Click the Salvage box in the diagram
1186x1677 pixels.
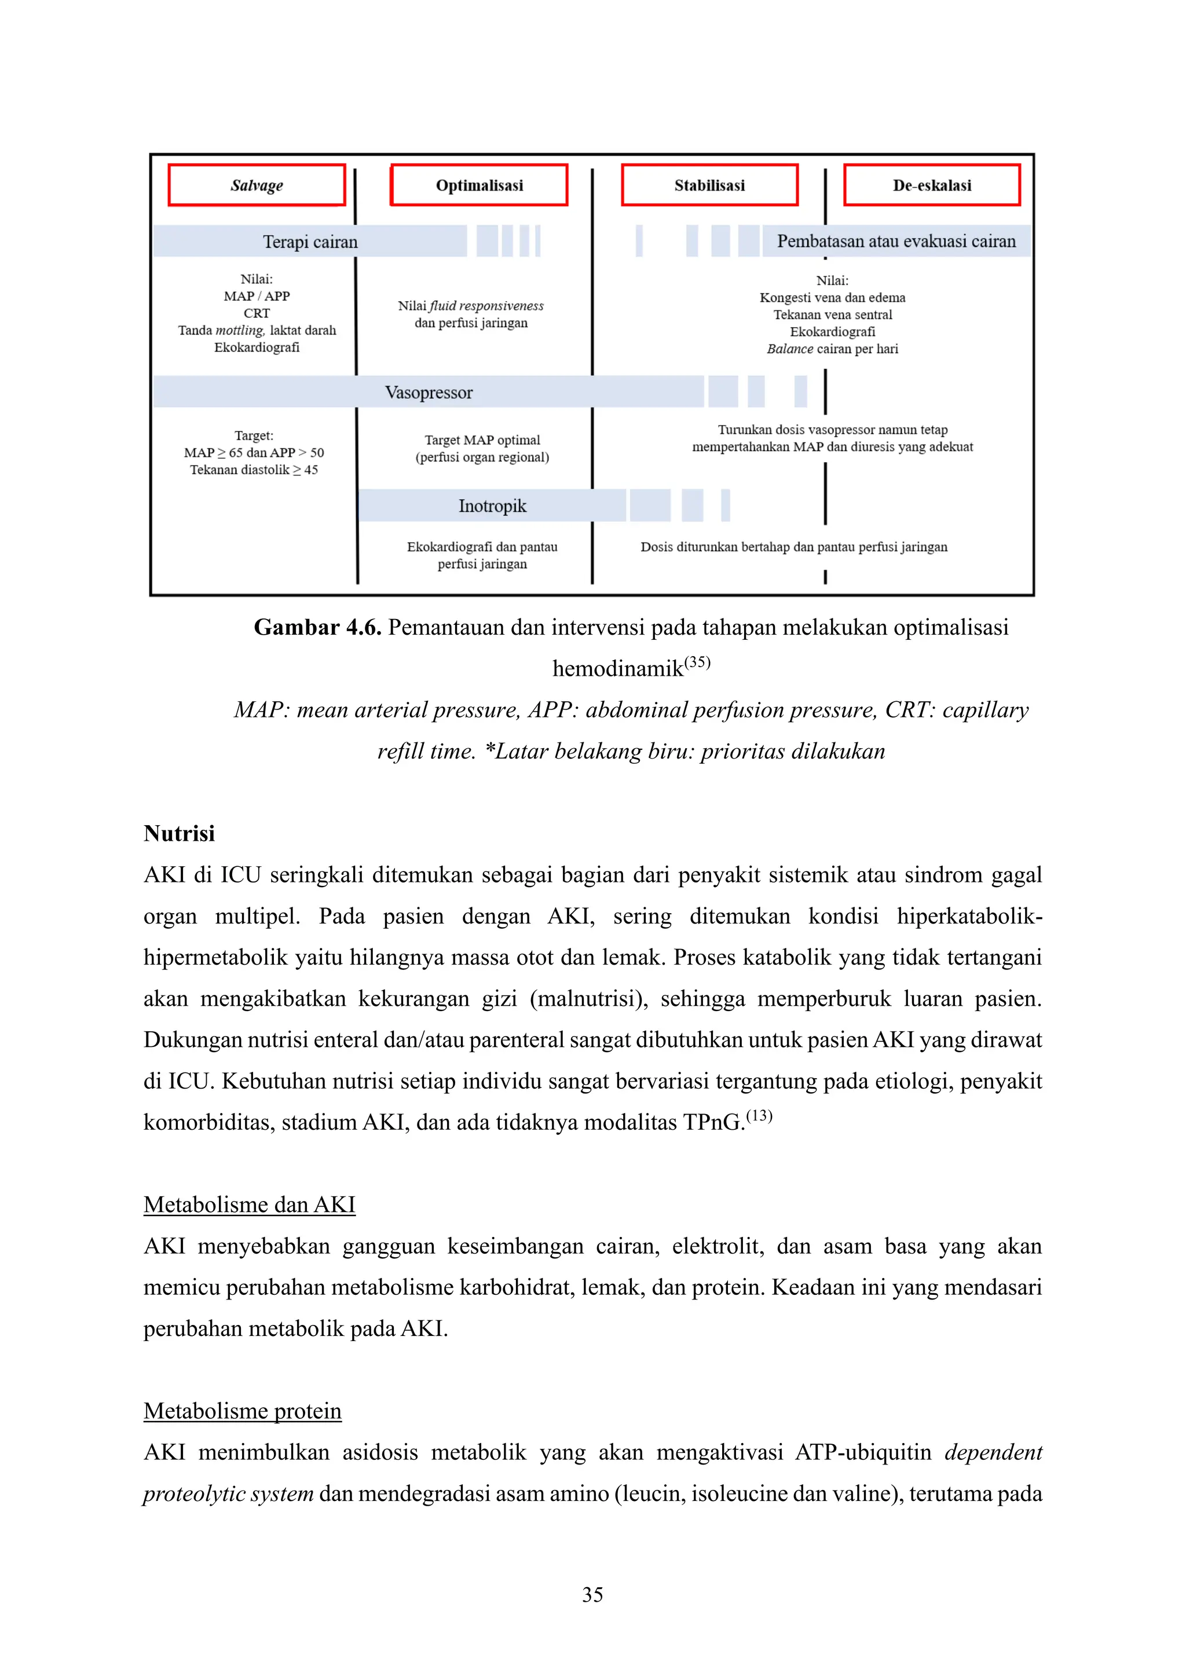coord(257,185)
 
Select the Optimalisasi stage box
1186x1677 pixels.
coord(479,185)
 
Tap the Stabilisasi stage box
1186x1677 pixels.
coord(709,185)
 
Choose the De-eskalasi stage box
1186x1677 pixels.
coord(931,185)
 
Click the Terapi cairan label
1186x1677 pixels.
coord(310,241)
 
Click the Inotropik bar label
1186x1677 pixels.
coord(492,506)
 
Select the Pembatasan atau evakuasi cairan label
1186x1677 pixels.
coord(896,241)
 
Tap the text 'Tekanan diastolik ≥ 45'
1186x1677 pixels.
coord(254,470)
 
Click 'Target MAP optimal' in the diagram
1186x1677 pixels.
coord(482,440)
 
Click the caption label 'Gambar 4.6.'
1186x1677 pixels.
coord(318,627)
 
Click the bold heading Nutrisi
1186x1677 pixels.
coord(179,833)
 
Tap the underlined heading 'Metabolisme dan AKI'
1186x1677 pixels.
coord(249,1204)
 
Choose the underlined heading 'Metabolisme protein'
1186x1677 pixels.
coord(243,1411)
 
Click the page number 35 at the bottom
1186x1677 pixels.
coord(592,1594)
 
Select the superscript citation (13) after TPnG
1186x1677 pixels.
coord(759,1115)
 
